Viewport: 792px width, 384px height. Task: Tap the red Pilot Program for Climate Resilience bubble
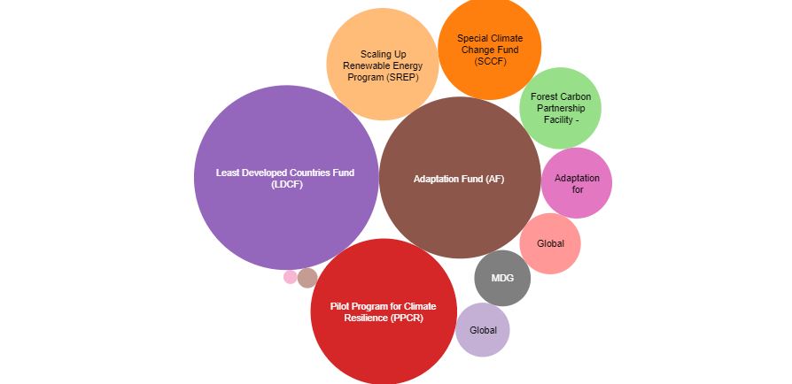tap(383, 345)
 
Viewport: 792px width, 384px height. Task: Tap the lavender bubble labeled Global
tap(483, 342)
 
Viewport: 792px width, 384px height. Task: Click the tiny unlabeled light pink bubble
tap(291, 277)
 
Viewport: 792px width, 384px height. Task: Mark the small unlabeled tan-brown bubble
tap(307, 278)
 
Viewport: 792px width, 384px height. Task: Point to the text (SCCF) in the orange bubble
tap(489, 61)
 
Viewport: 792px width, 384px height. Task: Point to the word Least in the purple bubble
tap(229, 173)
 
